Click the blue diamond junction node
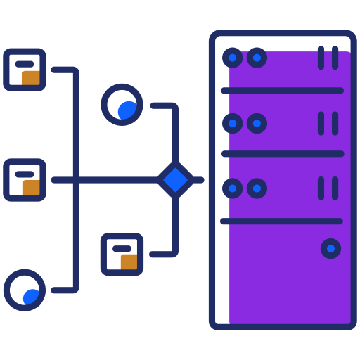(175, 180)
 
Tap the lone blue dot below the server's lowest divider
(330, 248)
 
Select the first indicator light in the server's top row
(232, 58)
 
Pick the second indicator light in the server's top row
(257, 58)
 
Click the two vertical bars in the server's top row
(328, 58)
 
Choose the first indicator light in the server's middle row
(232, 124)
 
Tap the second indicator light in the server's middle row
(257, 124)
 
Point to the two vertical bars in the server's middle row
(328, 124)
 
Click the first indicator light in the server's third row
(232, 188)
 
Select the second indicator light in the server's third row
(257, 188)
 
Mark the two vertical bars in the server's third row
(328, 188)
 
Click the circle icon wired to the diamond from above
(122, 105)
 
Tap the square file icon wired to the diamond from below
(122, 254)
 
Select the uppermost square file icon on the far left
(25, 70)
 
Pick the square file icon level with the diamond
(25, 180)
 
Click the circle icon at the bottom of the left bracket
(25, 290)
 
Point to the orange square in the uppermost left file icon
(32, 77)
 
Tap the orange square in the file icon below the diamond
(129, 262)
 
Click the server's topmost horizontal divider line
(282, 91)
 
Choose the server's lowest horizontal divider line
(282, 221)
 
